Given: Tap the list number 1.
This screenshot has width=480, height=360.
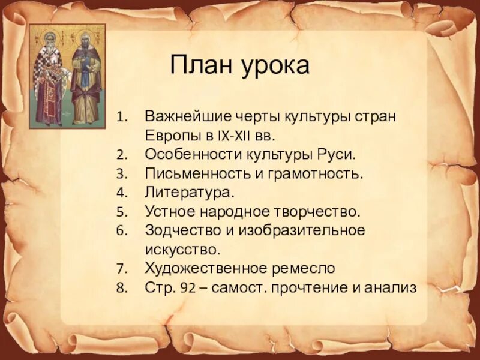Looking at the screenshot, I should [x=121, y=116].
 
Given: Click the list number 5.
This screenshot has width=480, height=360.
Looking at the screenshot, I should [x=121, y=212].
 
